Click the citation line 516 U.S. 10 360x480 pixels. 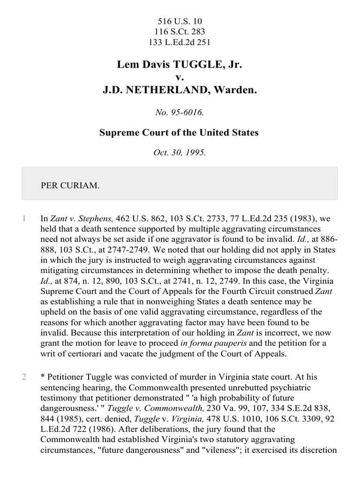pyautogui.click(x=180, y=22)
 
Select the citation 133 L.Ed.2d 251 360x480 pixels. pyautogui.click(x=180, y=42)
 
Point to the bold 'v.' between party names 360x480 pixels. pyautogui.click(x=180, y=77)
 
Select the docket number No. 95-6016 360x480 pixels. pyautogui.click(x=180, y=112)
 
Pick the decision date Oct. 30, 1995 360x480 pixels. pyautogui.click(x=180, y=153)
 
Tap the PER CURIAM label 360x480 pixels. pyautogui.click(x=70, y=185)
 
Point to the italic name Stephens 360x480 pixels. pyautogui.click(x=96, y=218)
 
